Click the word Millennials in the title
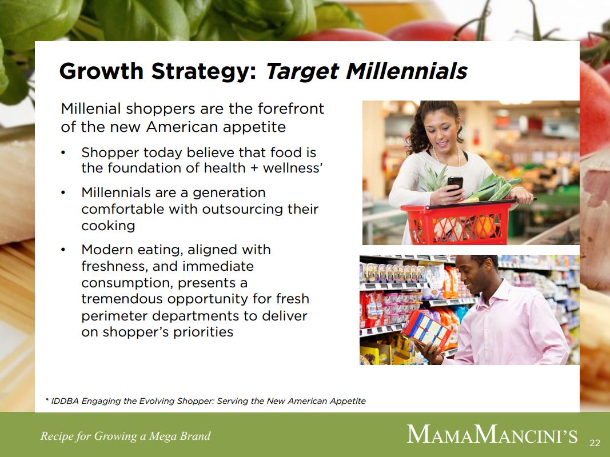pos(406,71)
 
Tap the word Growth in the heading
pos(102,71)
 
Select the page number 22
pos(595,443)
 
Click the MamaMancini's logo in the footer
pos(492,434)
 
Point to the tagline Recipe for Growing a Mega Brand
pos(125,436)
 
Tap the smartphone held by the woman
pos(454,183)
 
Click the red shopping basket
pos(459,221)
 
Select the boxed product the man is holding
pos(426,330)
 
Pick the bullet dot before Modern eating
pos(63,250)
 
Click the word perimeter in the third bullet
pos(115,316)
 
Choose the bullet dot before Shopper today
pos(63,153)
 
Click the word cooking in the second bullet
pos(108,226)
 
